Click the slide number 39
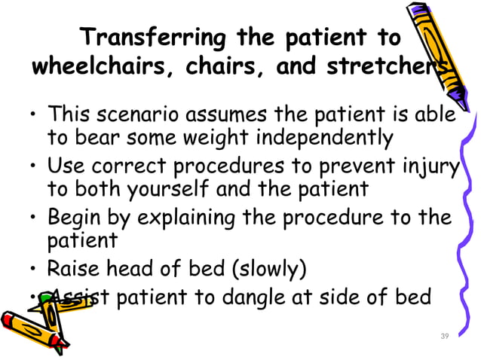click(x=444, y=335)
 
